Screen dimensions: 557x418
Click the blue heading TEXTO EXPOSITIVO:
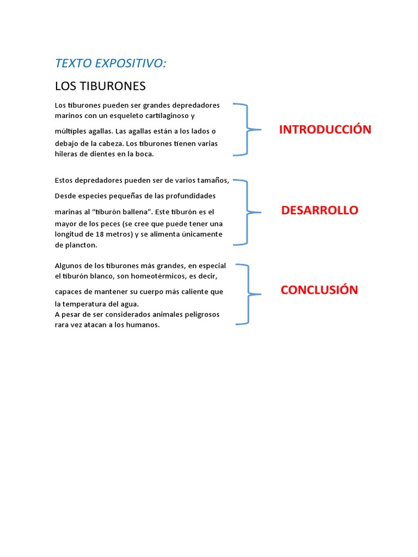110,64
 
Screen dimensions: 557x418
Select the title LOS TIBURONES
100,86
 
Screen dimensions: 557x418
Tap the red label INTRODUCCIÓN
325,129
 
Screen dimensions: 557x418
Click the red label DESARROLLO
319,211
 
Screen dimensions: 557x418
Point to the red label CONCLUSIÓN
319,290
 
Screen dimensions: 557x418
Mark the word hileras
67,154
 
